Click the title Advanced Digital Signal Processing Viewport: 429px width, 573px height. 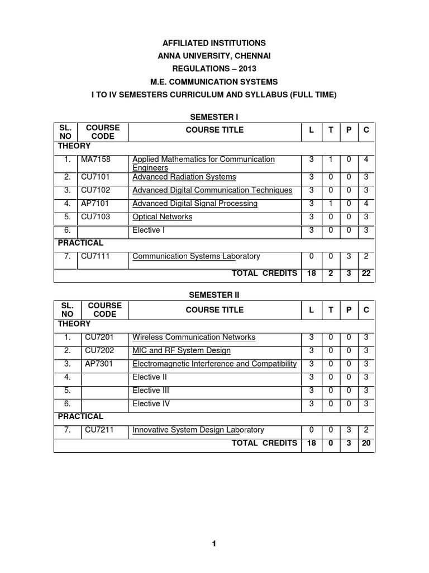(x=194, y=204)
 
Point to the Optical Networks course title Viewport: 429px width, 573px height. (x=162, y=217)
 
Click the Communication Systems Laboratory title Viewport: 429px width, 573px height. (x=196, y=256)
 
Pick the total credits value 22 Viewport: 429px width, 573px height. (x=366, y=274)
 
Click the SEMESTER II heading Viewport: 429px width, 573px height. (x=214, y=294)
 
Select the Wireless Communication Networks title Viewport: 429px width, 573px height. (x=193, y=337)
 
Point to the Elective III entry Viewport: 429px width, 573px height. (x=150, y=391)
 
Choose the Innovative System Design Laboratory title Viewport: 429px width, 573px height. (x=198, y=430)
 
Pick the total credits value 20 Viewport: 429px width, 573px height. (x=366, y=443)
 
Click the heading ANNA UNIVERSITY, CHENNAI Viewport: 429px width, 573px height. (x=214, y=56)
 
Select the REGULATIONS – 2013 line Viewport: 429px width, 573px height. (x=214, y=69)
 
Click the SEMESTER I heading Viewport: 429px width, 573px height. (x=214, y=116)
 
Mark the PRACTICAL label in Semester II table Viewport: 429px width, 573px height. (x=80, y=416)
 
